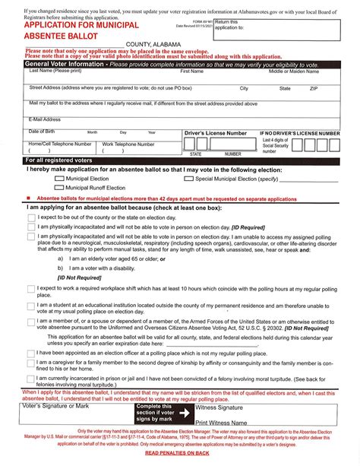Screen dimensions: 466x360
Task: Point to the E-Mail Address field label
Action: click(45, 119)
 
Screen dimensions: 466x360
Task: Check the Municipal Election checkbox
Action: click(59, 179)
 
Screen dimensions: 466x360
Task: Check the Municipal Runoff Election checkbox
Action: click(59, 187)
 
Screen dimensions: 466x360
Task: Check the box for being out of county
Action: click(31, 217)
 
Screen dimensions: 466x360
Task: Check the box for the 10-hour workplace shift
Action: click(31, 290)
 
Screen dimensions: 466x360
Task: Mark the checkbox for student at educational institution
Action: click(31, 306)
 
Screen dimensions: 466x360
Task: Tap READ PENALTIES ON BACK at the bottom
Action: click(179, 453)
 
